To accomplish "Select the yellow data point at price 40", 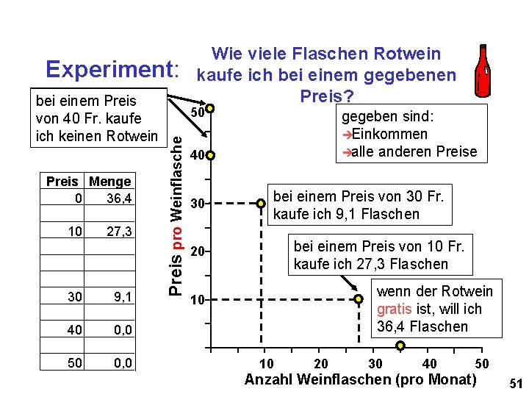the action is pos(210,156).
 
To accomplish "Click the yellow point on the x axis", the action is pos(400,346).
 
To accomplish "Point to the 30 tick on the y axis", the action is pos(196,203).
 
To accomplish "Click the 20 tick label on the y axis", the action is pos(196,251).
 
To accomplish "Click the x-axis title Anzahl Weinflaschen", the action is pos(360,380).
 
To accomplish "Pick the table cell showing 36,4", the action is pos(118,198).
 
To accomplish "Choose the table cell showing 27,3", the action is pos(118,232).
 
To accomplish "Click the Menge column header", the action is pos(109,182).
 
